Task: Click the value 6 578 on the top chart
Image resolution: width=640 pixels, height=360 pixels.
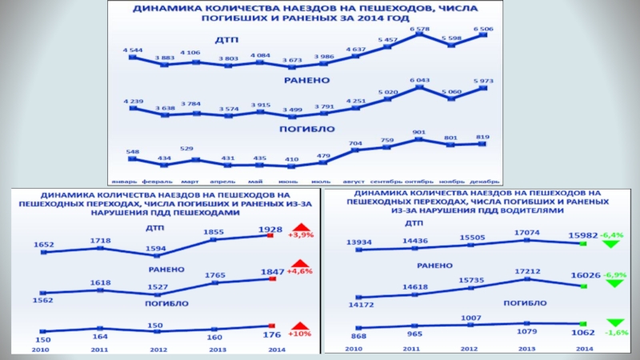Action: [x=419, y=29]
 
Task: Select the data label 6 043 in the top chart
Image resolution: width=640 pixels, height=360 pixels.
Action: [x=420, y=81]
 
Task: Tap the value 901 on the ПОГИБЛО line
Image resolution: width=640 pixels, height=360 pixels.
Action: [x=418, y=132]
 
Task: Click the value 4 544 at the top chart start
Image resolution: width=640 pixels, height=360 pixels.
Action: [x=133, y=50]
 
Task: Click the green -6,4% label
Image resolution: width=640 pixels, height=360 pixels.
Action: [x=613, y=235]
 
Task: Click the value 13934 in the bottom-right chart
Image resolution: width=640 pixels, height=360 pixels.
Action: [x=360, y=242]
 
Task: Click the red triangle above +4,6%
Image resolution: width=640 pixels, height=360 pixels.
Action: [x=299, y=265]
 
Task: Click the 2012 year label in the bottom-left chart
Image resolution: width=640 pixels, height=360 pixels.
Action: [x=158, y=349]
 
